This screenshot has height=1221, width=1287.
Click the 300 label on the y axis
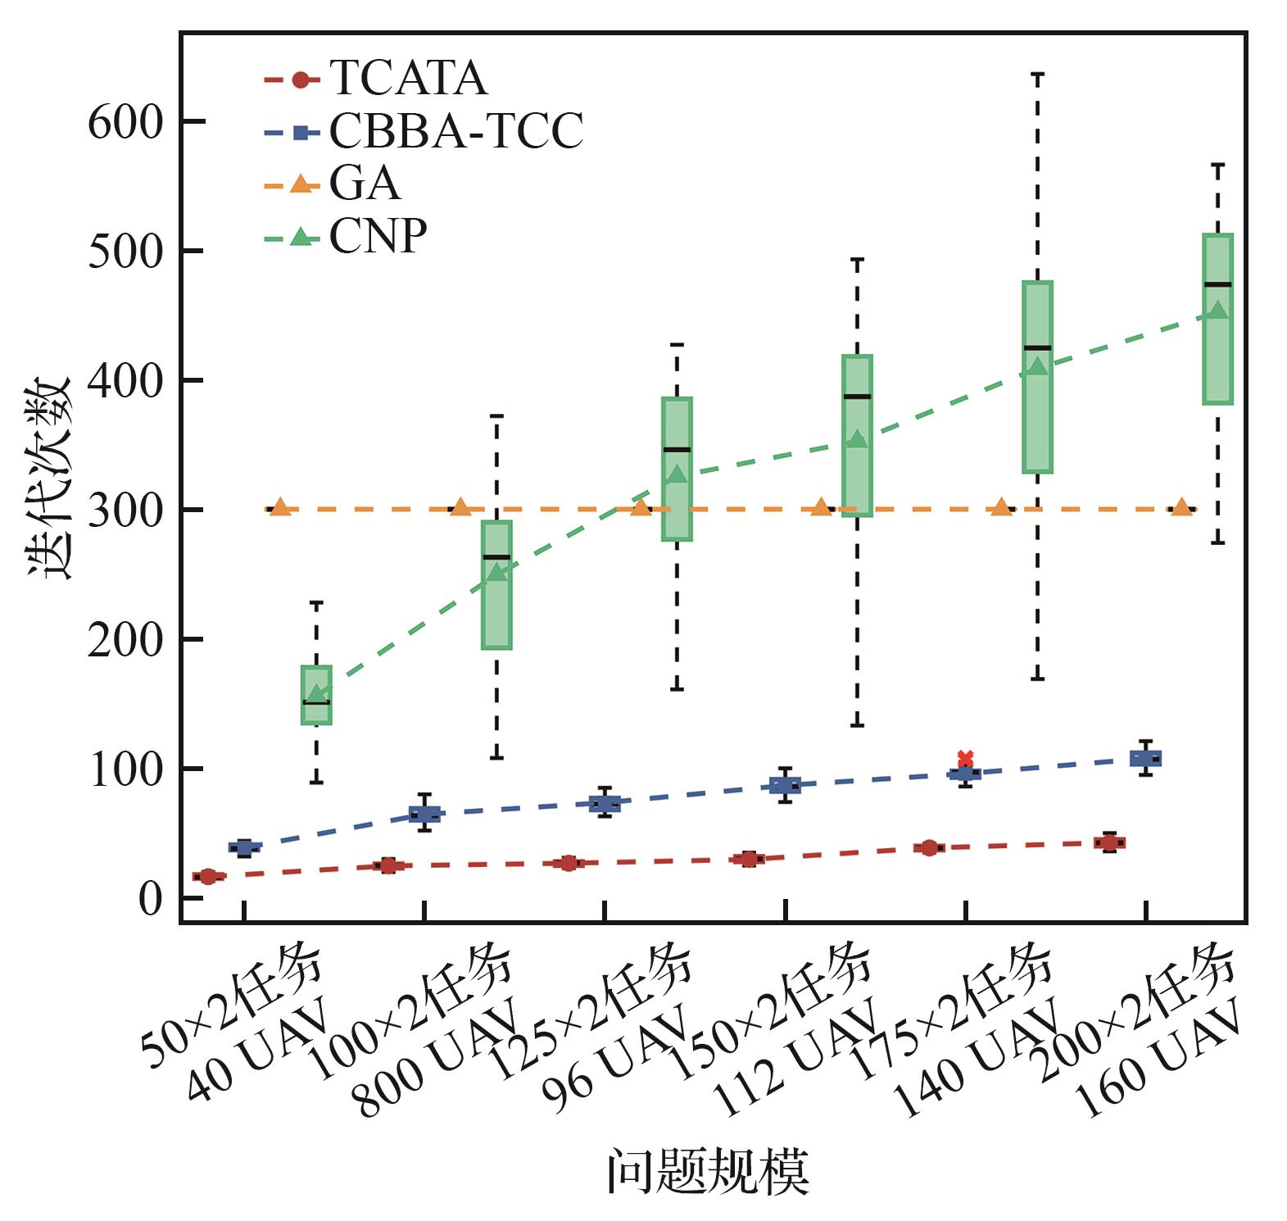(x=126, y=511)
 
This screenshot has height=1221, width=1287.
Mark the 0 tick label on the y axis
(x=151, y=899)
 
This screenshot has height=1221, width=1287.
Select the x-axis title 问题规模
(x=708, y=1172)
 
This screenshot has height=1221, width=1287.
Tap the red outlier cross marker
(x=965, y=758)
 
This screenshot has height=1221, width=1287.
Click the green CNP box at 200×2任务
(x=1217, y=319)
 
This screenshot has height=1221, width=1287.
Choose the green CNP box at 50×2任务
(x=316, y=695)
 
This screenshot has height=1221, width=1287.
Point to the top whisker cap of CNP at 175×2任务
(x=1037, y=75)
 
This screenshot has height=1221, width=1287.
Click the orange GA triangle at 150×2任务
(x=821, y=508)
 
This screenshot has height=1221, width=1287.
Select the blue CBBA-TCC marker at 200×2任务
(x=1145, y=758)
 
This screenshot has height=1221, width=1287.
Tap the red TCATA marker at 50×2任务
(x=208, y=877)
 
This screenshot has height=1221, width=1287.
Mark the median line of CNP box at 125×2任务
(x=677, y=449)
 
